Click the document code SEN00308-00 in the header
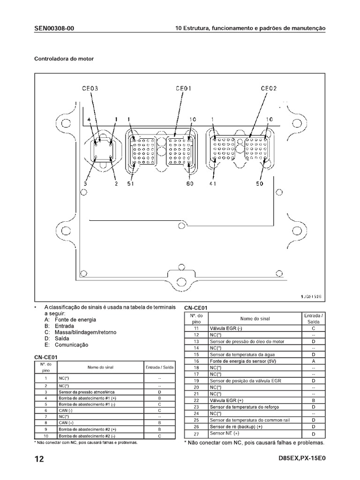(54, 29)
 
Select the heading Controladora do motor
(64, 59)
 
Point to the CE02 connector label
(269, 88)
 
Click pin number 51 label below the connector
(131, 184)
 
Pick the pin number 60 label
(189, 184)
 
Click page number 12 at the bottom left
(39, 459)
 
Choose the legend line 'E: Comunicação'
(66, 345)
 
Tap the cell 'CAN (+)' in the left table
(66, 422)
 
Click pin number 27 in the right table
(196, 434)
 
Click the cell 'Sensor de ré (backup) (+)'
(237, 427)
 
